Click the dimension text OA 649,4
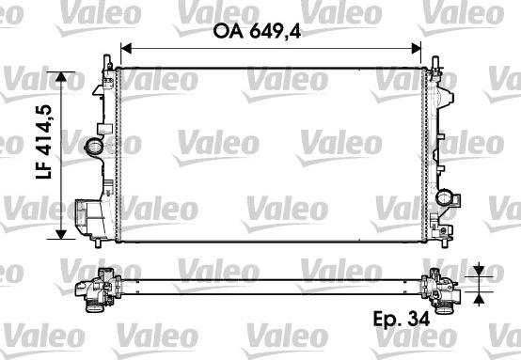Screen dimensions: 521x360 (x=257, y=32)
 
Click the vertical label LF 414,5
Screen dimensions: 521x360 (x=44, y=142)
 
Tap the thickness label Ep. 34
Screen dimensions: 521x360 (x=402, y=319)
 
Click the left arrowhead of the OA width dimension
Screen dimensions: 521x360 (x=127, y=49)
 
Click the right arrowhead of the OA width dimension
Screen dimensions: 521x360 (x=416, y=49)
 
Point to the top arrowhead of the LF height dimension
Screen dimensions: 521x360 (x=60, y=77)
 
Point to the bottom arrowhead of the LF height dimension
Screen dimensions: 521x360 (x=60, y=234)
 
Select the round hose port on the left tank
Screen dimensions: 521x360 (x=93, y=147)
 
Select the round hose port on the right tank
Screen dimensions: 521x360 (x=444, y=197)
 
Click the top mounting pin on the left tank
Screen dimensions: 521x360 (x=107, y=61)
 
